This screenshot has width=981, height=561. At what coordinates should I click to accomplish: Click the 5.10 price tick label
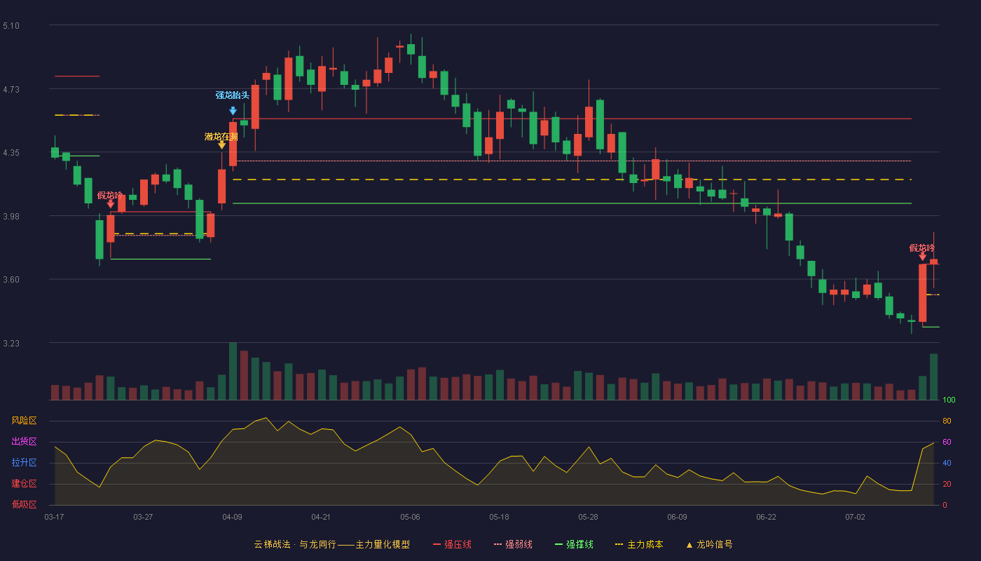(x=11, y=26)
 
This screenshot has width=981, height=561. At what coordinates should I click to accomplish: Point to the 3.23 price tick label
(x=11, y=343)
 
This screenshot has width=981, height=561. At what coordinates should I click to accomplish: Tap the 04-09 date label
(x=232, y=518)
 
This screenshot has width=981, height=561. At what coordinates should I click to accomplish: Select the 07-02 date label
(x=855, y=518)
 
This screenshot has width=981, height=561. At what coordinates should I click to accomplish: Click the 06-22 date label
(x=766, y=518)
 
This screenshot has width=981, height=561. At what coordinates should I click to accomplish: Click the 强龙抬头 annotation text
(x=232, y=95)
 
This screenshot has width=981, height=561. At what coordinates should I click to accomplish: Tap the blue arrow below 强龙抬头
(x=233, y=111)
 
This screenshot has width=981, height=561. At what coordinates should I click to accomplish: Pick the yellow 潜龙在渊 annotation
(x=221, y=137)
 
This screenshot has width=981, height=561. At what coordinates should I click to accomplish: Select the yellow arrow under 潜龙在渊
(x=222, y=144)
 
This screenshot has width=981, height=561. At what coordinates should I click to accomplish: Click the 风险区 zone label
(x=24, y=421)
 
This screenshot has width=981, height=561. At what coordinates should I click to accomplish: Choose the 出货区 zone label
(x=24, y=441)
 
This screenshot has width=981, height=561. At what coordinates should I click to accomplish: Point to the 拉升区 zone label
(x=24, y=462)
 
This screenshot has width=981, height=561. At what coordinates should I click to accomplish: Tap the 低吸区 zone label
(x=24, y=504)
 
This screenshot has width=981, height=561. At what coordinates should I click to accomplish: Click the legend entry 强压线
(x=452, y=544)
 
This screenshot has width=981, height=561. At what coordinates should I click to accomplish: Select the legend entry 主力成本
(x=639, y=544)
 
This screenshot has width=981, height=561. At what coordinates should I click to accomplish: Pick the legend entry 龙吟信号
(x=709, y=544)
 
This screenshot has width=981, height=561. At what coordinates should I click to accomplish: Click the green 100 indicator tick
(x=949, y=400)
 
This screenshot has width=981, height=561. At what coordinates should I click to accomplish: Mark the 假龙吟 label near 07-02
(x=922, y=248)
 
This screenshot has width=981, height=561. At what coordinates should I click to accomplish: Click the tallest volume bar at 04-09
(x=233, y=371)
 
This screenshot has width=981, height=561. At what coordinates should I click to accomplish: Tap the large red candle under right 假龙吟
(x=922, y=293)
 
